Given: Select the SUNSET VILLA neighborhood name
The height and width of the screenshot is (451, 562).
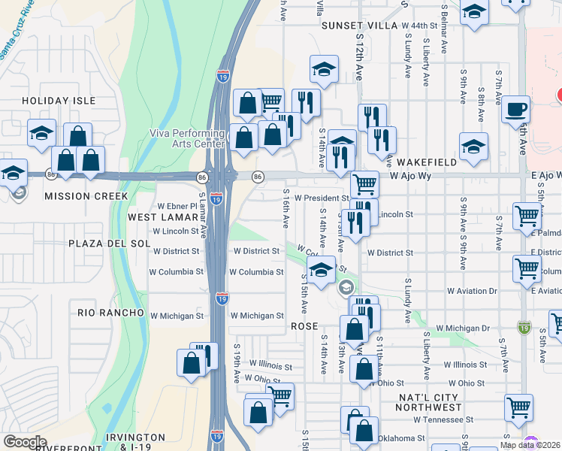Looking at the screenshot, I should (x=358, y=26).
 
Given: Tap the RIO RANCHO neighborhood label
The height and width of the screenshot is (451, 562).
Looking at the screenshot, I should (x=110, y=312).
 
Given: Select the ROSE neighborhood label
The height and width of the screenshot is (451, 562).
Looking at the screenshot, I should (x=306, y=327).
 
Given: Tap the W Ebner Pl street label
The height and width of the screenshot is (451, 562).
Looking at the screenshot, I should (x=176, y=205).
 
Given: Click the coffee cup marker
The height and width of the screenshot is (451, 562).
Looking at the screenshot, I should (x=515, y=109).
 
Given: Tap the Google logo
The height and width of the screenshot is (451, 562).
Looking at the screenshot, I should (x=25, y=441).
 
